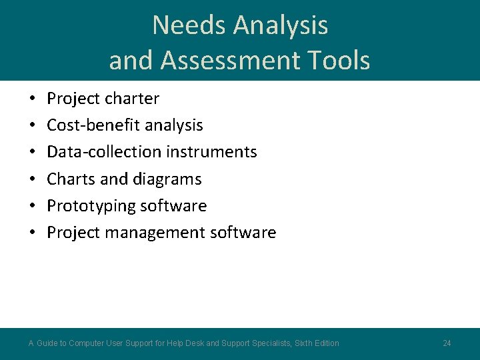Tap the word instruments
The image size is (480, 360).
tap(211, 152)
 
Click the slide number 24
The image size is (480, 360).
tap(447, 343)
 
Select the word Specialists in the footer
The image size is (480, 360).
tap(269, 343)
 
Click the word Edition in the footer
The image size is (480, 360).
tap(324, 343)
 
